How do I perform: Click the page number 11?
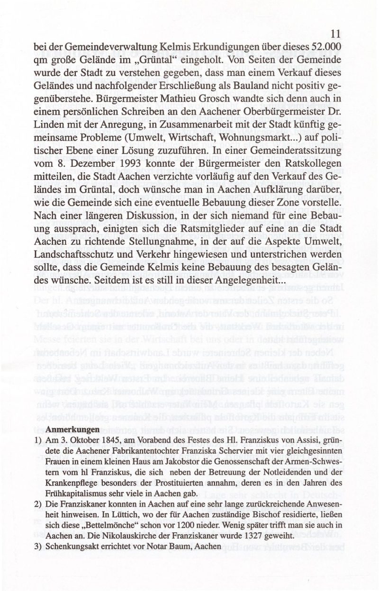pos(336,34)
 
